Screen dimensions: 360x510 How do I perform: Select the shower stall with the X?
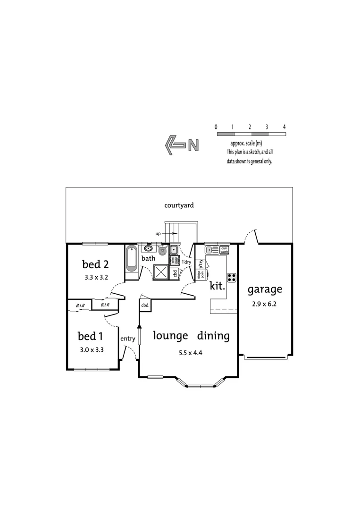click(161, 271)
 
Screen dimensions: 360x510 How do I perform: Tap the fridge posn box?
click(201, 274)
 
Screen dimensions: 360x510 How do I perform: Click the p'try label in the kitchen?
click(201, 263)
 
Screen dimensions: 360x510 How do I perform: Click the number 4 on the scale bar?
click(285, 127)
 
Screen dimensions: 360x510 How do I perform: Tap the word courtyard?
click(179, 205)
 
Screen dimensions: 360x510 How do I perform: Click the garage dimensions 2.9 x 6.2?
click(265, 304)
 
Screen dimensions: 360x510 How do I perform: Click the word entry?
click(128, 339)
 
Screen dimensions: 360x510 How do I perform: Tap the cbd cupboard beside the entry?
click(144, 305)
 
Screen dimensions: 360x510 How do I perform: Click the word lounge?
click(171, 336)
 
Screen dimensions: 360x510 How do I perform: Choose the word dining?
click(213, 336)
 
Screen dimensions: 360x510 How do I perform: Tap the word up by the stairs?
click(159, 233)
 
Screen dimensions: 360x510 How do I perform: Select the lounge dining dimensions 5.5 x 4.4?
click(191, 352)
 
